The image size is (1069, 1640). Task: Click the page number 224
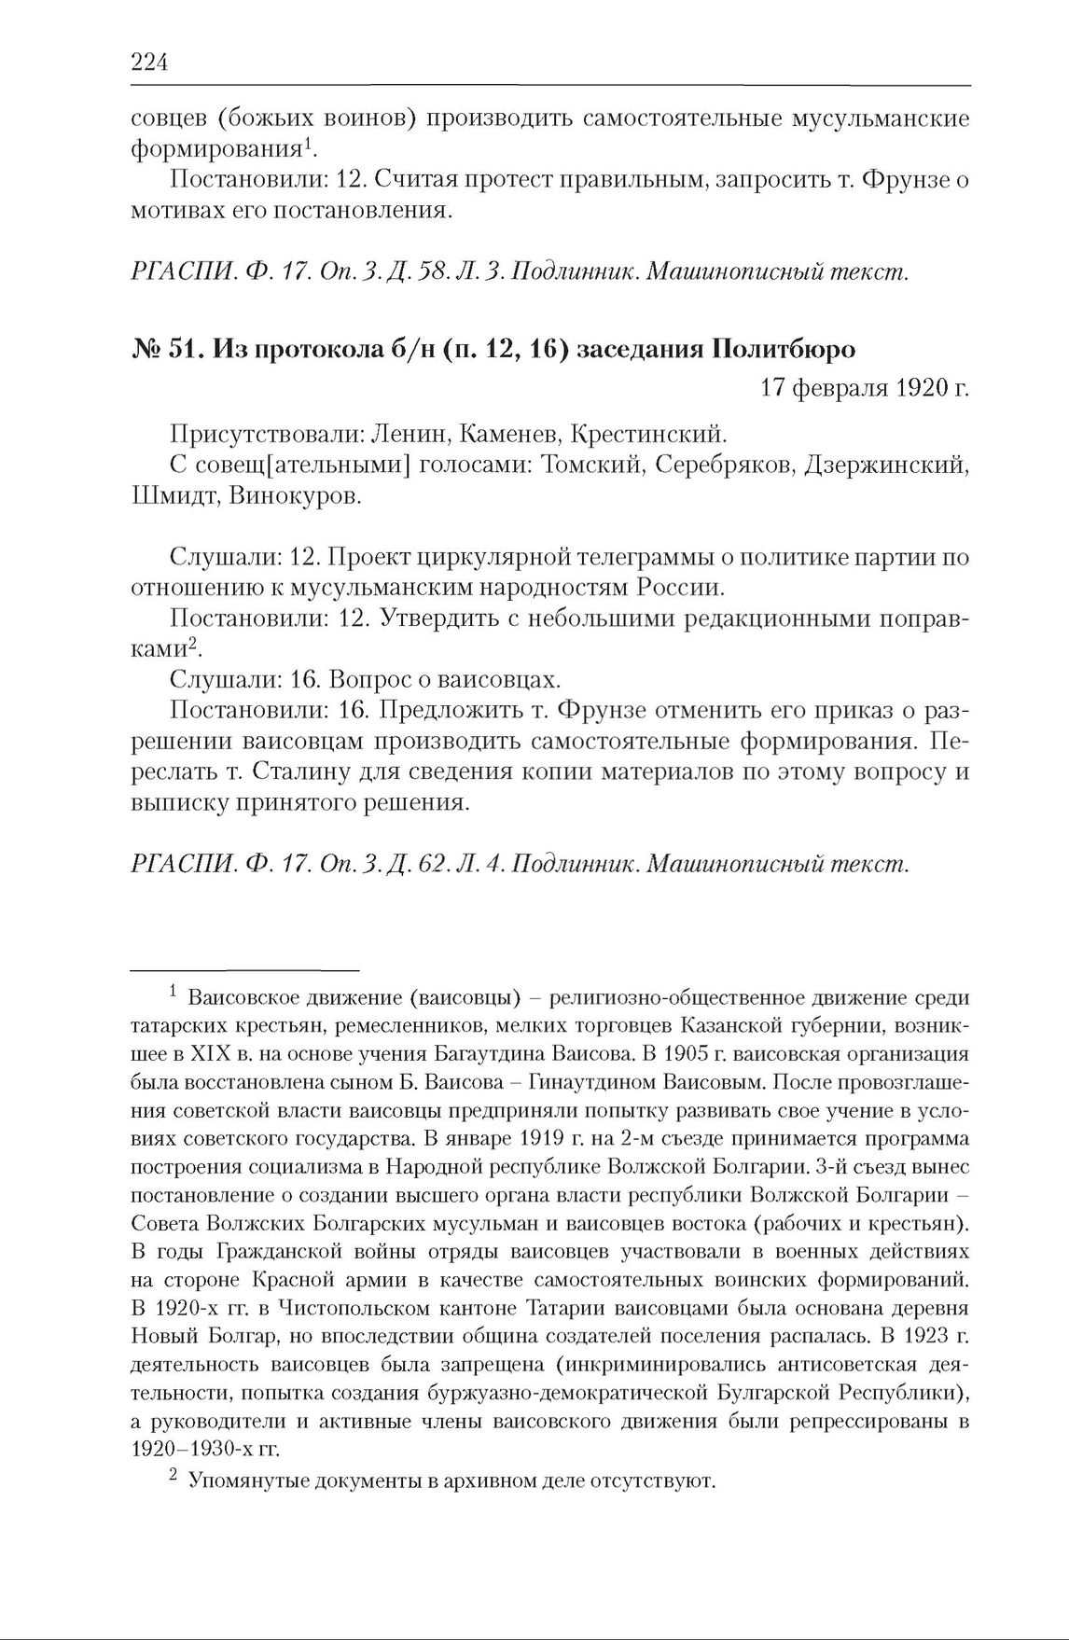[x=148, y=63]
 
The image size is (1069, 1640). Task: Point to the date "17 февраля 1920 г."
[x=865, y=387]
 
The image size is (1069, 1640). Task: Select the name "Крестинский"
[x=648, y=434]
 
